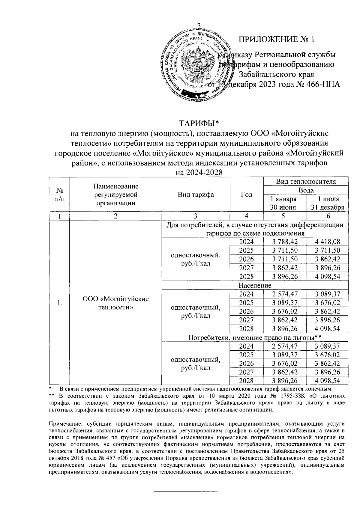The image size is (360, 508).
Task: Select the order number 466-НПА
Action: click(x=323, y=85)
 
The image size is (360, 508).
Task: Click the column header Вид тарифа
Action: click(x=196, y=195)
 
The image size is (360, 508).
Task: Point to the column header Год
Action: click(x=246, y=195)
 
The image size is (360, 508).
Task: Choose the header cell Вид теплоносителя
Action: click(x=305, y=181)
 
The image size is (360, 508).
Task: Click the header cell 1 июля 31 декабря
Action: click(x=328, y=203)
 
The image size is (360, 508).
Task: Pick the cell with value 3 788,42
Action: click(x=285, y=242)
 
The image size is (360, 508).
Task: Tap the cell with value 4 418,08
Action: click(x=328, y=242)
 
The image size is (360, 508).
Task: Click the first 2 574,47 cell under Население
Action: click(x=285, y=294)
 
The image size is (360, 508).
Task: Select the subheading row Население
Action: click(x=255, y=285)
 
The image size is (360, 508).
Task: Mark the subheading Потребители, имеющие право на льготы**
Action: click(x=255, y=337)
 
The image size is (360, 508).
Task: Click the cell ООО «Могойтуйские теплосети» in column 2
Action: click(x=115, y=303)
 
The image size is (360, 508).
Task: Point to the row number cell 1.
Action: click(x=60, y=303)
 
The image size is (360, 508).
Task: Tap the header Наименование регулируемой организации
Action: click(x=115, y=195)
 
